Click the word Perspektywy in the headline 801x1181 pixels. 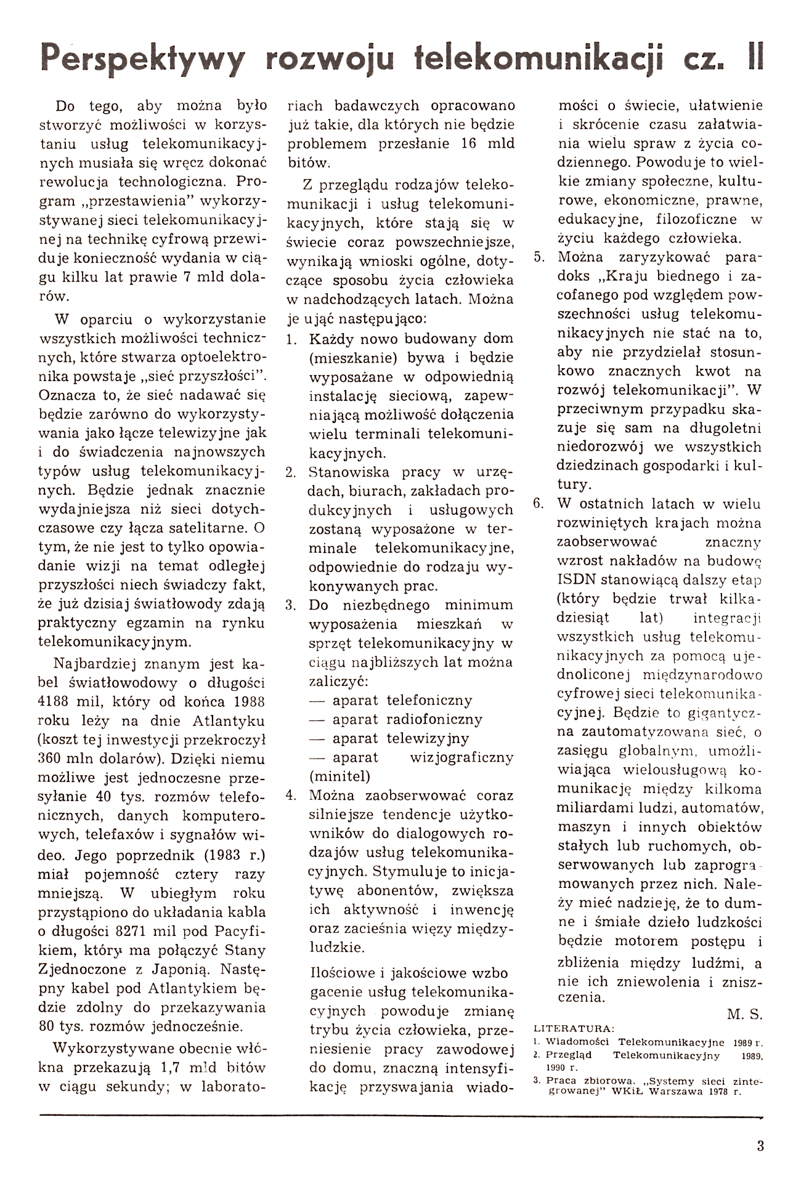point(141,61)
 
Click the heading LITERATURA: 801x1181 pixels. point(573,1028)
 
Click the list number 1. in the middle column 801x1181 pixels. point(292,339)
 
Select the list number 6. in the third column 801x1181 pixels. point(539,504)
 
